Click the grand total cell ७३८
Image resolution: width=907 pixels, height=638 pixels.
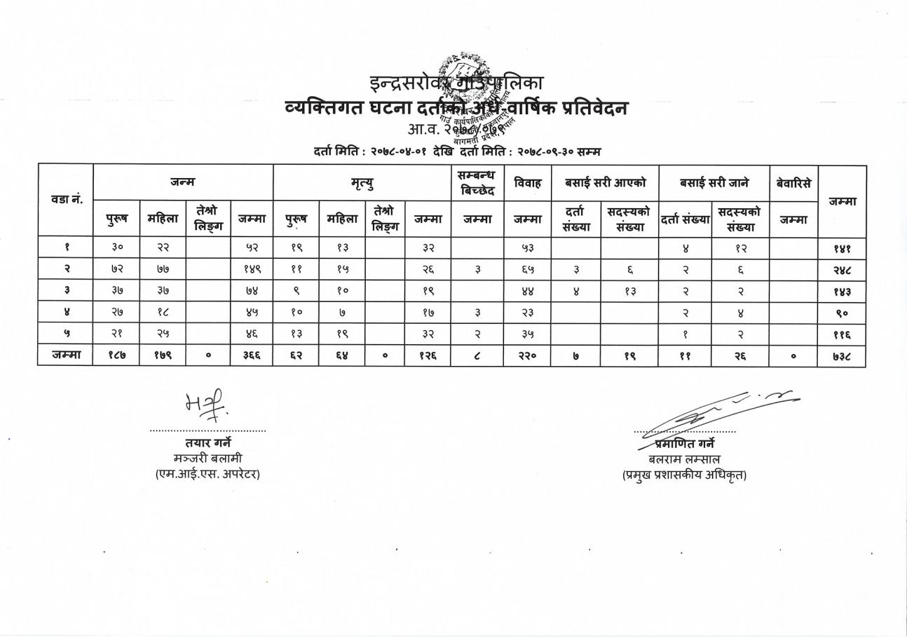coord(842,356)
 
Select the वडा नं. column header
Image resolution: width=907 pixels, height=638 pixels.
coord(66,200)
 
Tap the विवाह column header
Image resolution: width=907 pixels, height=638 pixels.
coord(527,183)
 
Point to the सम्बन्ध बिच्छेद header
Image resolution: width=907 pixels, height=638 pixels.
coord(477,183)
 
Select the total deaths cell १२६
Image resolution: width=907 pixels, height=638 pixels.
coord(427,355)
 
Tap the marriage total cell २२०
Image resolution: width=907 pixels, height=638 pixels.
coord(527,355)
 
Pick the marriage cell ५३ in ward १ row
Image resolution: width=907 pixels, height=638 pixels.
coord(527,247)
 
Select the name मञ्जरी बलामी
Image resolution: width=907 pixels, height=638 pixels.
coord(207,459)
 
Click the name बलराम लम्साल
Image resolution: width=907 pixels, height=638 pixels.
coord(684,459)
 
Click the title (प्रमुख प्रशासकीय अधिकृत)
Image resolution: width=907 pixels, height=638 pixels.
coord(684,475)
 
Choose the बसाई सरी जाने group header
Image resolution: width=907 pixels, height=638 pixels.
coord(714,183)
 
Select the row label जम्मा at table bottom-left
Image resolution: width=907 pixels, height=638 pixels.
coord(66,355)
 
